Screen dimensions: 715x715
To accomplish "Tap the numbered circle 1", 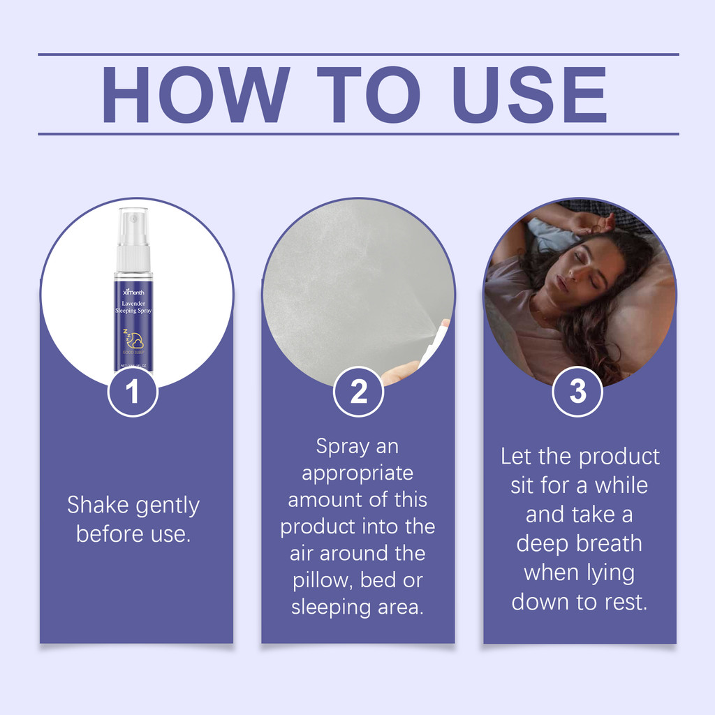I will pos(133,392).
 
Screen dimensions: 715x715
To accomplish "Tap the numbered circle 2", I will pos(358,392).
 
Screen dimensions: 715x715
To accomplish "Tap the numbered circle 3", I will pos(577,392).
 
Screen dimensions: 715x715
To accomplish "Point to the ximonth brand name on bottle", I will pos(133,292).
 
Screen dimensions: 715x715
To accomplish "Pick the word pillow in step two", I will pos(323,580).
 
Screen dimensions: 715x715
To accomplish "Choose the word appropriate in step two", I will pos(357,473).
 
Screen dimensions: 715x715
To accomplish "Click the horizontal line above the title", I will pos(357,54).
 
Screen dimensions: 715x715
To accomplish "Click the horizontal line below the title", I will pos(357,133).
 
